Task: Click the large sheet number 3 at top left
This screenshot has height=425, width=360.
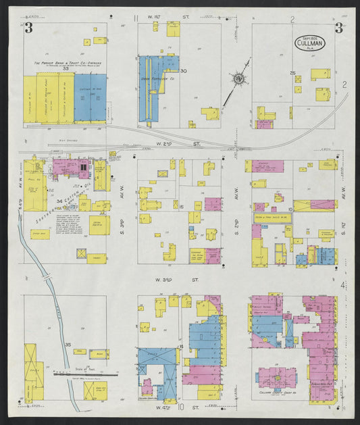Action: point(28,28)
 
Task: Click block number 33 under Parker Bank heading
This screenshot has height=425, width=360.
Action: point(66,69)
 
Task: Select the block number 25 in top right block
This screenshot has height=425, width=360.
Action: point(292,72)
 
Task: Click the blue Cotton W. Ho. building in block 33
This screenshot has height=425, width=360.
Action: point(90,98)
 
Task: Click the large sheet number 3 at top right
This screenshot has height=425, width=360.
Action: point(337,28)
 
